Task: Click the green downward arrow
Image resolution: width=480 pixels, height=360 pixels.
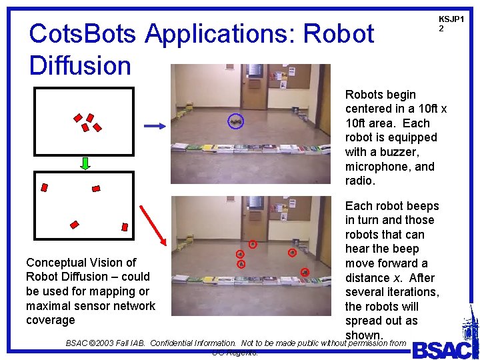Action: [86, 163]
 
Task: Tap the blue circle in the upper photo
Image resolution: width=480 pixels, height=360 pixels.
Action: [235, 121]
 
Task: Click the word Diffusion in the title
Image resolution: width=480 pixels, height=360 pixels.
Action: [80, 65]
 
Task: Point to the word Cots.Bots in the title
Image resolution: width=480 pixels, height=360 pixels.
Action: [83, 33]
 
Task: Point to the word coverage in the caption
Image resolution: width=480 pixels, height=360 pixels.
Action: [50, 320]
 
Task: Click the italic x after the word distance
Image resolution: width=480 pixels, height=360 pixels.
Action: [424, 278]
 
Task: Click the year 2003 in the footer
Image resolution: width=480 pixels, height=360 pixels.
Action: [107, 343]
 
